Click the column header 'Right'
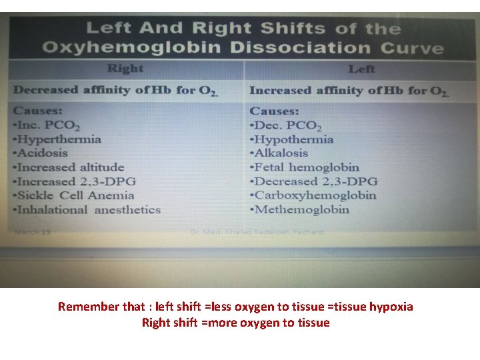coord(125,68)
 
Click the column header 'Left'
coord(361,69)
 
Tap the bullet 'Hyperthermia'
coord(57,139)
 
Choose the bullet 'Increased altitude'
coord(69,167)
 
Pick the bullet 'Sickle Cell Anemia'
coord(74,195)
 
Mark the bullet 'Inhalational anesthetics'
coord(87,209)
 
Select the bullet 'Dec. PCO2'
coord(285,126)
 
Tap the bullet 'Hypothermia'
coord(291,140)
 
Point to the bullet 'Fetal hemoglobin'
coord(304,168)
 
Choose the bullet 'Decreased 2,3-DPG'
coord(313,181)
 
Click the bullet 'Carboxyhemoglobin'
coord(313,195)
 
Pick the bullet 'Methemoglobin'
coord(299,209)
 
